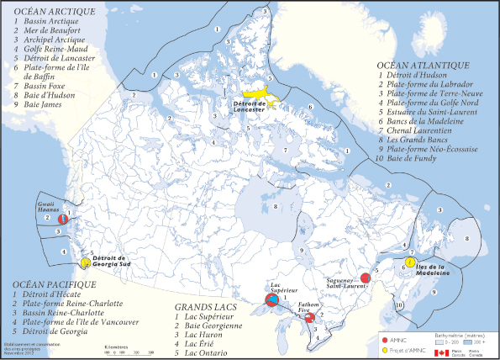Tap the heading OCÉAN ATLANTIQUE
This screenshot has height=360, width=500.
pos(423,65)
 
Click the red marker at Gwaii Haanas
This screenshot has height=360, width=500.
pos(62,220)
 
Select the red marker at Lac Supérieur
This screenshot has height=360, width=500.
pos(272,299)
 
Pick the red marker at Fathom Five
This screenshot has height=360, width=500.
pos(309,318)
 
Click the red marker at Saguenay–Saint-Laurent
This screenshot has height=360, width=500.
pos(366,278)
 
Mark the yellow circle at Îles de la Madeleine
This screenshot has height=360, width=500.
pos(409,262)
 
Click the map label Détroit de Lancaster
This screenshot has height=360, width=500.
pos(250,107)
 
